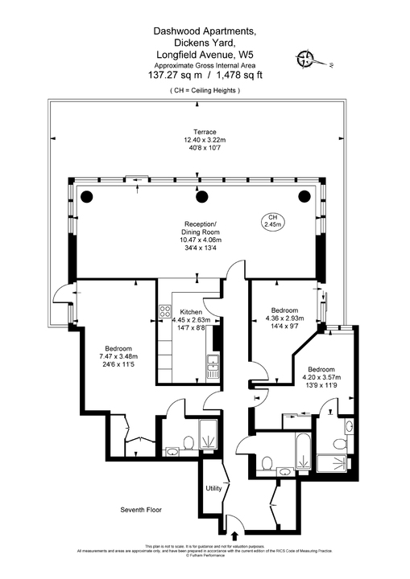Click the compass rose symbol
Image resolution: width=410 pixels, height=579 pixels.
(306, 57)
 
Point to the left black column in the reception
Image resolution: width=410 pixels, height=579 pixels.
(85, 195)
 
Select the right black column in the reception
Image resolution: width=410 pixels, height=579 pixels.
(303, 195)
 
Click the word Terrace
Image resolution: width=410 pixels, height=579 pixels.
(205, 131)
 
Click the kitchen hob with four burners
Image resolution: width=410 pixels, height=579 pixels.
(165, 311)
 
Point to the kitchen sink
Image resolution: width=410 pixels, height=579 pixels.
(212, 368)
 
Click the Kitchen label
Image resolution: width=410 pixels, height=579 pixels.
(190, 311)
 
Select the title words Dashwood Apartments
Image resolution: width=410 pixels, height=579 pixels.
(205, 31)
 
